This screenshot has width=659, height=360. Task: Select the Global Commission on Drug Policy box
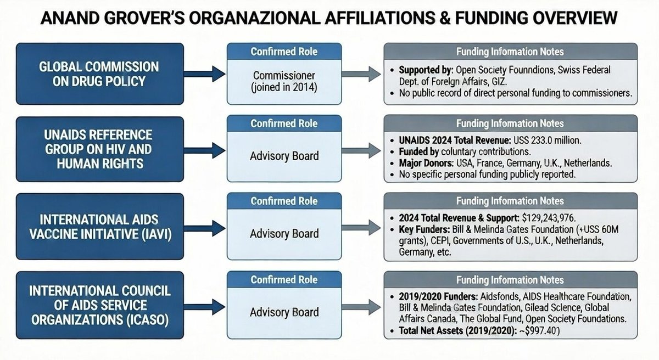tap(100, 74)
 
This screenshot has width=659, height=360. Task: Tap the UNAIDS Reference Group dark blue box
tap(100, 149)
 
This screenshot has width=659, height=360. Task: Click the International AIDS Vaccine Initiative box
tap(100, 227)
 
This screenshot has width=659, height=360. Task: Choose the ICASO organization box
tap(100, 305)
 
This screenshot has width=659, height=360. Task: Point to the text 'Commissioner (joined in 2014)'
tap(284, 81)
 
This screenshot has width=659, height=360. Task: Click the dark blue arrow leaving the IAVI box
tap(205, 228)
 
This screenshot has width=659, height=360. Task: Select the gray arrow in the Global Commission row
tap(361, 74)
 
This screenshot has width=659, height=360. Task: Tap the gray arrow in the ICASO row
tap(361, 307)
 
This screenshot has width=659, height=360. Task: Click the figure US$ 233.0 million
tap(547, 140)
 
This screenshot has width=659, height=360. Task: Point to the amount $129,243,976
tap(549, 218)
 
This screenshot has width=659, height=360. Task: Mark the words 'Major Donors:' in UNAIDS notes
tap(426, 163)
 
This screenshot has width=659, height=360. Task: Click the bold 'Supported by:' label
tap(426, 70)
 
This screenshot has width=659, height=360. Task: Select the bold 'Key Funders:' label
tap(424, 229)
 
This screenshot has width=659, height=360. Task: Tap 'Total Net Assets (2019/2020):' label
tap(458, 330)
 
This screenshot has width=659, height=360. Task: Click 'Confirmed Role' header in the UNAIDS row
tap(284, 123)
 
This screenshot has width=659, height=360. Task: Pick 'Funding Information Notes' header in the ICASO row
tap(510, 280)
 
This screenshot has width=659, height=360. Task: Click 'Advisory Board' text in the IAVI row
tap(284, 234)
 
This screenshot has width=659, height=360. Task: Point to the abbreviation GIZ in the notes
tap(499, 81)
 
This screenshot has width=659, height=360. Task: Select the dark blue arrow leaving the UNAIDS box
tap(205, 150)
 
